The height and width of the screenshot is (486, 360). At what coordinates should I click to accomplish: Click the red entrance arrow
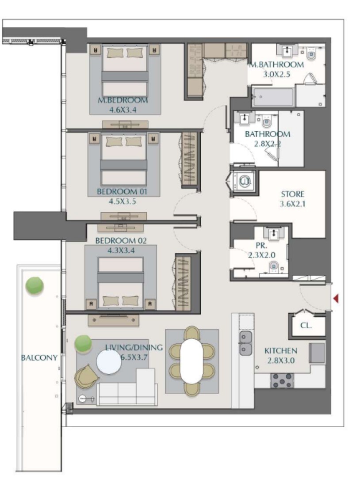(x=336, y=299)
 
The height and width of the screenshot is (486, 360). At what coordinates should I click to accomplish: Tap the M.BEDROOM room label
(x=123, y=100)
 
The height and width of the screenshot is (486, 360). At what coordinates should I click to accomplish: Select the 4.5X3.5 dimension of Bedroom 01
(x=122, y=201)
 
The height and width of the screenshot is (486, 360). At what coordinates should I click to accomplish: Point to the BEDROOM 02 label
(x=121, y=240)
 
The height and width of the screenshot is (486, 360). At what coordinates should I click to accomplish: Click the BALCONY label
(x=39, y=357)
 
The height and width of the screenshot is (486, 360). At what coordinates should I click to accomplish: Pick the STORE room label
(x=293, y=194)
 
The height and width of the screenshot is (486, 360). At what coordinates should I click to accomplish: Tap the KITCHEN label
(x=281, y=351)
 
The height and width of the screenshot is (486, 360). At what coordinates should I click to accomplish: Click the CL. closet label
(x=306, y=326)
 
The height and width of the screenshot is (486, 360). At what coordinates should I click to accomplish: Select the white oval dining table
(x=191, y=361)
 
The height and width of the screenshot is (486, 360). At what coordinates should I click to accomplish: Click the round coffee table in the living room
(x=109, y=362)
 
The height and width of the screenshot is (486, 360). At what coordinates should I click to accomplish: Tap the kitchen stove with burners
(x=282, y=380)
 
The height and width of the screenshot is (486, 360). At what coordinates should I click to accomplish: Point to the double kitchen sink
(x=245, y=343)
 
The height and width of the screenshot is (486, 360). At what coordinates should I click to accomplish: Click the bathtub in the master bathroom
(x=273, y=97)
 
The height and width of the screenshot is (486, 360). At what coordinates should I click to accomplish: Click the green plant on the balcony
(x=34, y=285)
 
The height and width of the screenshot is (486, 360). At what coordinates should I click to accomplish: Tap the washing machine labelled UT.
(x=244, y=181)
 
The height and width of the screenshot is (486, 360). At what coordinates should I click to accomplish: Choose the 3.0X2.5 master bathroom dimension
(x=276, y=74)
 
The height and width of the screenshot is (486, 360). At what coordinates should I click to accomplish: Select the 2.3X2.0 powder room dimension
(x=262, y=255)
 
